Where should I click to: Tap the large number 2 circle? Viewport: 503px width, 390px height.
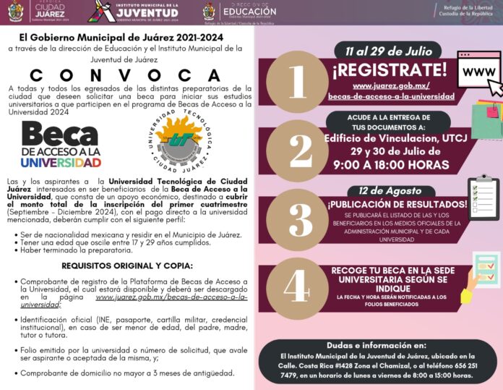(x=297, y=150)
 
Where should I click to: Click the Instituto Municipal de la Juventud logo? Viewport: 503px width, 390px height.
(x=134, y=12)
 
